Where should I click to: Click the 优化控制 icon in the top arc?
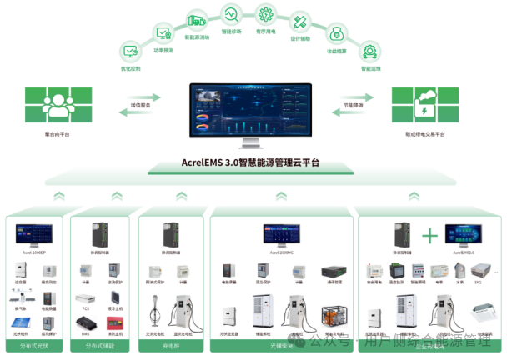(131, 52)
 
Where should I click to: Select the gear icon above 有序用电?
(266, 14)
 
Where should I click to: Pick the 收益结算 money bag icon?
(338, 33)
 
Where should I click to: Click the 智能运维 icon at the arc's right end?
(368, 52)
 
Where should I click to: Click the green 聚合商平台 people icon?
(58, 106)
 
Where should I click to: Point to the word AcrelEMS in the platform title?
(204, 163)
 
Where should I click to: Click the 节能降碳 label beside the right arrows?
(353, 106)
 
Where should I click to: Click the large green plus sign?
(430, 236)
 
